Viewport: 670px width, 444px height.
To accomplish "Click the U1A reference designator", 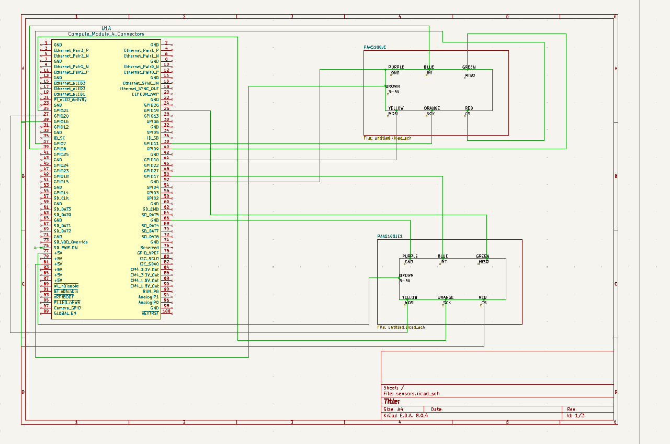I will (106, 28).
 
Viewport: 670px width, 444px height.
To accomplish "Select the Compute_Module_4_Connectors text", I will (106, 34).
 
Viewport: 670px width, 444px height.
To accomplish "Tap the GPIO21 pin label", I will (61, 110).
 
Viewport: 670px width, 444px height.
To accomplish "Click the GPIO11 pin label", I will (152, 143).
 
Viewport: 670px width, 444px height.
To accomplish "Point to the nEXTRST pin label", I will (150, 313).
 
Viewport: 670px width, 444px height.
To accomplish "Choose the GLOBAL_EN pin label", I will (65, 313).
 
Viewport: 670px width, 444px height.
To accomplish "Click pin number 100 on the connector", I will (166, 312).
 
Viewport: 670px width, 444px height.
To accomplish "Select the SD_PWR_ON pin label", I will (66, 248).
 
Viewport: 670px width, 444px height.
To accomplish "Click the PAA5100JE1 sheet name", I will (390, 237).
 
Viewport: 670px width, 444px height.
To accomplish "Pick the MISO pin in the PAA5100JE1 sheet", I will (483, 262).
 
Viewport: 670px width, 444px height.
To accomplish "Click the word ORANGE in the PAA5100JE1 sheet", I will (446, 297).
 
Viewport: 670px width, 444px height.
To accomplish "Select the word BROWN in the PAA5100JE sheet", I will (393, 86).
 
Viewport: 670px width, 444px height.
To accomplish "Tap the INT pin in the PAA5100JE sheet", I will (430, 73).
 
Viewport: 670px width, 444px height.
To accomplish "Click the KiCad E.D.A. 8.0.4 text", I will (406, 416).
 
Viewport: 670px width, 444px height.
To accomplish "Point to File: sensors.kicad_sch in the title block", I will (415, 393).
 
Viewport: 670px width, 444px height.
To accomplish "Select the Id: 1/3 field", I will (576, 416).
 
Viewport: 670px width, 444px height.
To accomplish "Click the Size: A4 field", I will (393, 409).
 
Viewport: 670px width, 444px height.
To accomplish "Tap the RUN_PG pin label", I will (151, 291).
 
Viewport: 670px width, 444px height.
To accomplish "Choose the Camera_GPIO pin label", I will (67, 308).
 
